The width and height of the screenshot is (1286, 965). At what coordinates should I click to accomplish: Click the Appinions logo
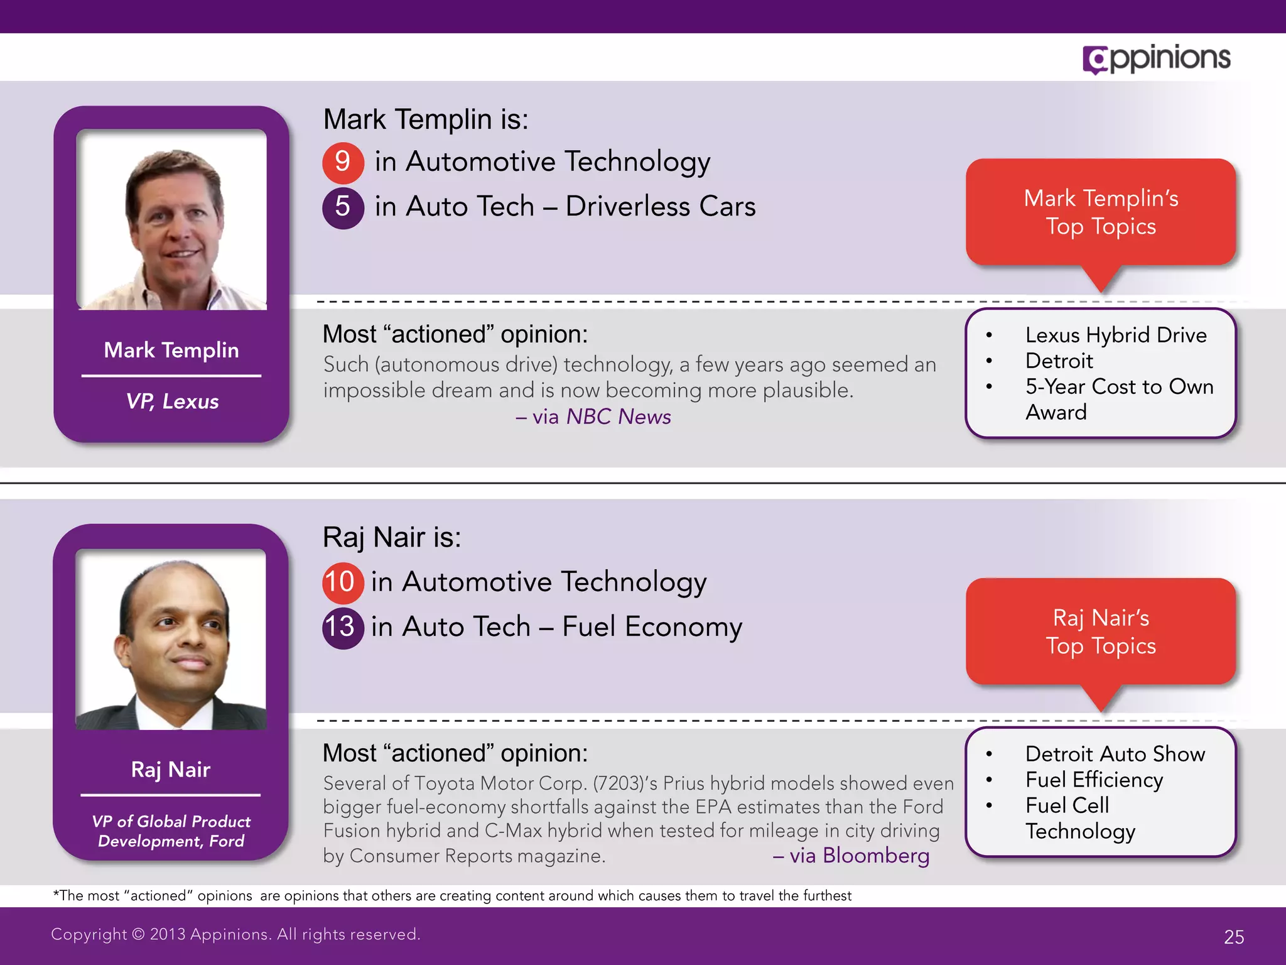(x=1156, y=59)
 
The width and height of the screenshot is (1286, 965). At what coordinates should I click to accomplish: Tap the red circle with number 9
(x=343, y=162)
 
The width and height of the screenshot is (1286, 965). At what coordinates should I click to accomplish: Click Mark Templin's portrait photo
(x=171, y=219)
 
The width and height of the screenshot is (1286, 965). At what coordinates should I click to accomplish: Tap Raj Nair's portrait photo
(x=171, y=639)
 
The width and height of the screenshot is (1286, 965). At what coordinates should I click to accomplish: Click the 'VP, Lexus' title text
(x=172, y=401)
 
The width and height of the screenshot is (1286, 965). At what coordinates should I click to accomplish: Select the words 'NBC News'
(x=619, y=417)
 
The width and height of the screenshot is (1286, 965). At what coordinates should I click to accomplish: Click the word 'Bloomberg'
(x=876, y=856)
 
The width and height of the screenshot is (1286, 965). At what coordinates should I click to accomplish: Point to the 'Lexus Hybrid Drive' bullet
(x=1115, y=335)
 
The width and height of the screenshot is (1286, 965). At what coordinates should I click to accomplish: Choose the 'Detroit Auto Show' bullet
(x=1115, y=754)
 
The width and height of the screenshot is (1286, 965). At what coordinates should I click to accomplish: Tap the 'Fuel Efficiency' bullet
(x=1094, y=780)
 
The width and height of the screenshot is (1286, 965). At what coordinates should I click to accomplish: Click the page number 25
(x=1234, y=937)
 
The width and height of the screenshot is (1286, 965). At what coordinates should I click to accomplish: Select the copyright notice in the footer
(x=235, y=934)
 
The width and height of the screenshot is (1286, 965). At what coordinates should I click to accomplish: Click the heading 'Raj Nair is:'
(x=392, y=538)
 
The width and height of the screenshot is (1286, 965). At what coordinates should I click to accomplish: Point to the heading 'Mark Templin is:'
(x=426, y=119)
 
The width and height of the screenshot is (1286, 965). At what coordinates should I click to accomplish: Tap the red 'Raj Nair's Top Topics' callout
(x=1101, y=631)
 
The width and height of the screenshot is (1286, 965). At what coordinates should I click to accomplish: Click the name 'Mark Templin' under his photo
(x=171, y=350)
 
